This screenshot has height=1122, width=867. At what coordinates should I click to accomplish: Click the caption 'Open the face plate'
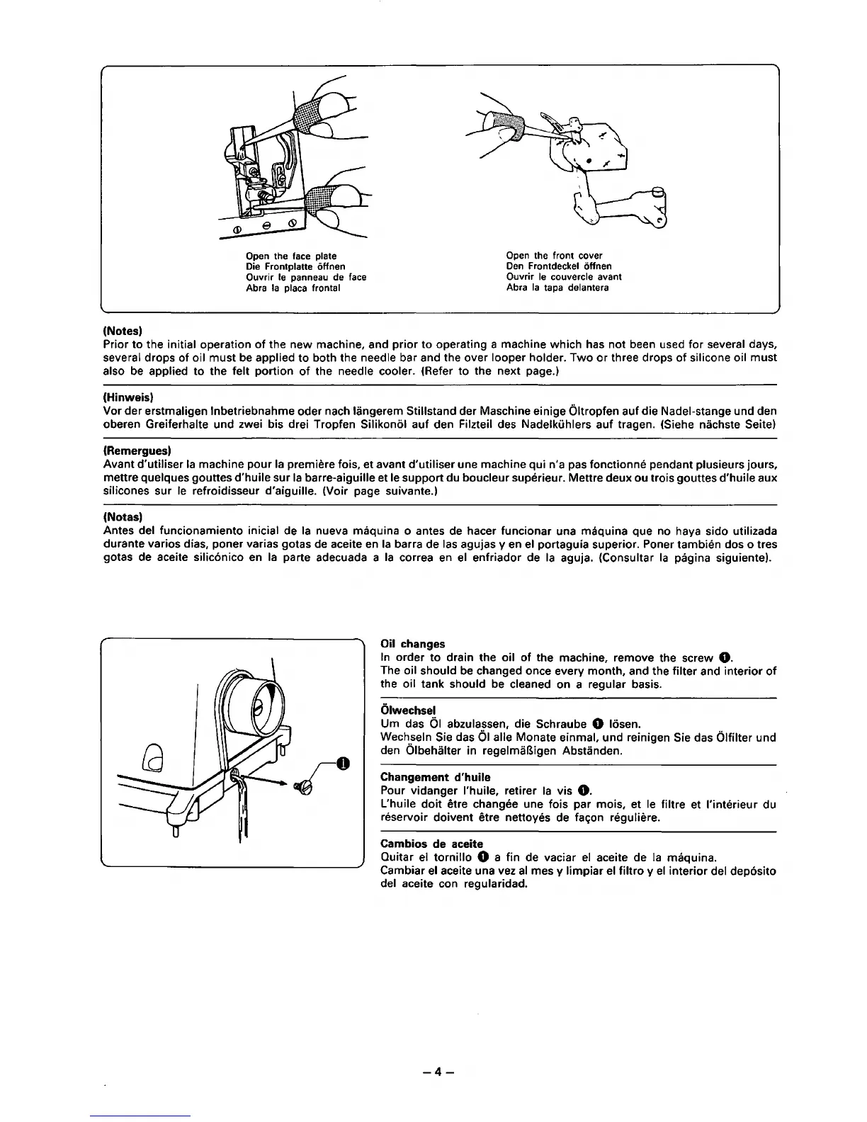tap(290, 256)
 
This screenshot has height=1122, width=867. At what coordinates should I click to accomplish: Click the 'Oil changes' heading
tap(413, 644)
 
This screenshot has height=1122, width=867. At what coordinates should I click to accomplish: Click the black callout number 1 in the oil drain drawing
tap(343, 763)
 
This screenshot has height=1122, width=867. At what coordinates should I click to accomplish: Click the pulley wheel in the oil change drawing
tap(262, 704)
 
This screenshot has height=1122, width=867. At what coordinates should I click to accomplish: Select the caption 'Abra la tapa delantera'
tap(557, 288)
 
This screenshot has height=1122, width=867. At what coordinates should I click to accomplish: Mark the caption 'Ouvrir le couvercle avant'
tap(564, 277)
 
